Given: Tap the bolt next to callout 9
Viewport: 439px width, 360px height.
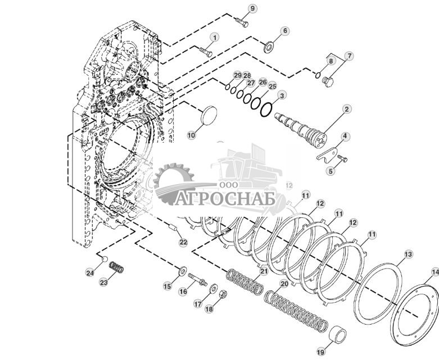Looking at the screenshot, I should point(242,21).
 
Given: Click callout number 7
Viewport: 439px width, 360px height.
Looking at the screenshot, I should point(349,56).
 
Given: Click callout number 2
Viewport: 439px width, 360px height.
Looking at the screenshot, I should point(347,108).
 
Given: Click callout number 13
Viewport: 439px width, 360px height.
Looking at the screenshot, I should point(409,254).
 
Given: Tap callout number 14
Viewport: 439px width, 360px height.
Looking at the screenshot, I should point(435,272).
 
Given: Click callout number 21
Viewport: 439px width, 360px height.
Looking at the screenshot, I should point(264,271).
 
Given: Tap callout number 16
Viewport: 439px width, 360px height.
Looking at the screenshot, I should point(183,291).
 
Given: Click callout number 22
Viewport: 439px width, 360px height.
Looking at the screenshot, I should point(183,243).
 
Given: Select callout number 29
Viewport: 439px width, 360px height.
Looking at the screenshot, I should point(237,75).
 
